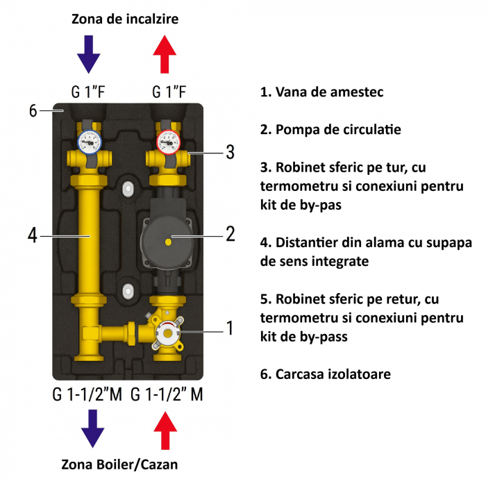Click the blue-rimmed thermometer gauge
tap(88, 142)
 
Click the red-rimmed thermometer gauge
tap(167, 142)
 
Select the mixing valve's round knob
tap(168, 333)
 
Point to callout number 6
tap(33, 110)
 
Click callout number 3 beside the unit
tap(229, 152)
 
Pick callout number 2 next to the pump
tap(230, 233)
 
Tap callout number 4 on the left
tap(33, 236)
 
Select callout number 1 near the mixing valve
tap(229, 328)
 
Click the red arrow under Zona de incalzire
tap(165, 55)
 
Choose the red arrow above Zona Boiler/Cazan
tap(165, 429)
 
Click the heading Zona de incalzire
tap(125, 19)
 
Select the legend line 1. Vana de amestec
tap(321, 92)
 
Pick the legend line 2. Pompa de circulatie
tap(330, 130)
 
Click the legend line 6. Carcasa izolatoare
tap(326, 374)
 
